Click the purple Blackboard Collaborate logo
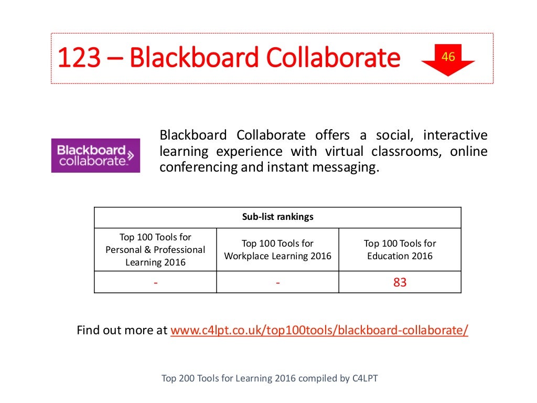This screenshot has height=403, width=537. pyautogui.click(x=95, y=155)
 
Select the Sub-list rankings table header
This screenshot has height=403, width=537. pyautogui.click(x=277, y=217)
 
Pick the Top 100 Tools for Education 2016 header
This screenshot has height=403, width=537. pyautogui.click(x=400, y=250)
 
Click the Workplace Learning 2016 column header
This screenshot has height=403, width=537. pyautogui.click(x=277, y=250)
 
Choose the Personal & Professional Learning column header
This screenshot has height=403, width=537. pyautogui.click(x=155, y=250)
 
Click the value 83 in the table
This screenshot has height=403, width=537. pyautogui.click(x=400, y=282)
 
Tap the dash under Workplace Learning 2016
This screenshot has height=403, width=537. pyautogui.click(x=277, y=283)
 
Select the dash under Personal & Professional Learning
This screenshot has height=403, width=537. pyautogui.click(x=155, y=283)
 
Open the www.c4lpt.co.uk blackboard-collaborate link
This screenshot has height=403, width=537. pyautogui.click(x=319, y=331)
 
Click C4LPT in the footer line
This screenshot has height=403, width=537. pyautogui.click(x=364, y=378)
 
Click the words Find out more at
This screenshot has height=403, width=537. pyautogui.click(x=122, y=331)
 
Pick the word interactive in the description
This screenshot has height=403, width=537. pyautogui.click(x=455, y=135)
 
